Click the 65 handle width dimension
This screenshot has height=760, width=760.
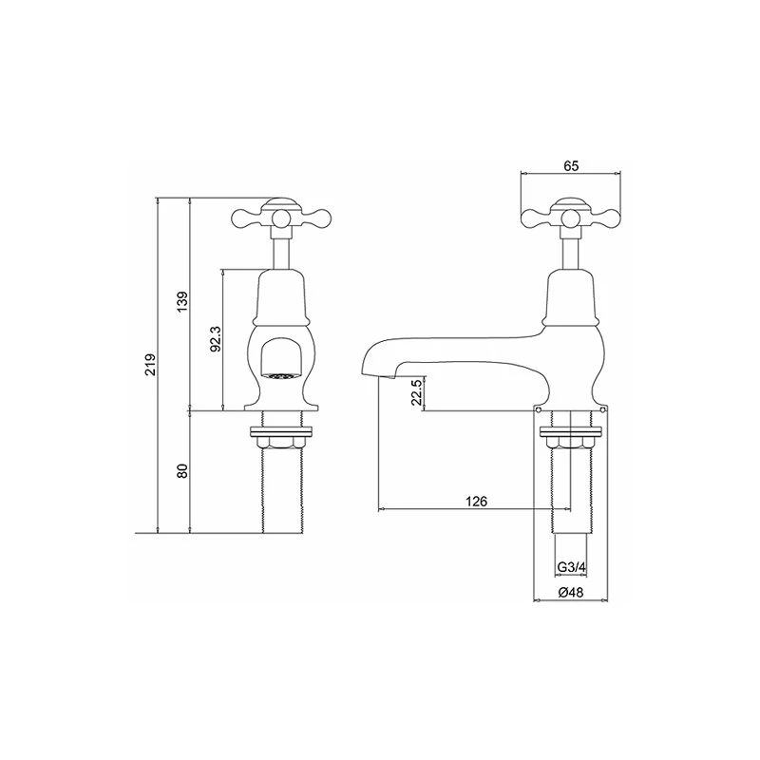click(571, 164)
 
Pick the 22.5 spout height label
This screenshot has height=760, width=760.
click(414, 392)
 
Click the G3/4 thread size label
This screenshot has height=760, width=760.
click(570, 567)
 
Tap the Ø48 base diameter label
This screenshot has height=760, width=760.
click(570, 592)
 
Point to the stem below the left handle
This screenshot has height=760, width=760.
click(279, 249)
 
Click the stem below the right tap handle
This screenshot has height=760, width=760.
click(571, 249)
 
